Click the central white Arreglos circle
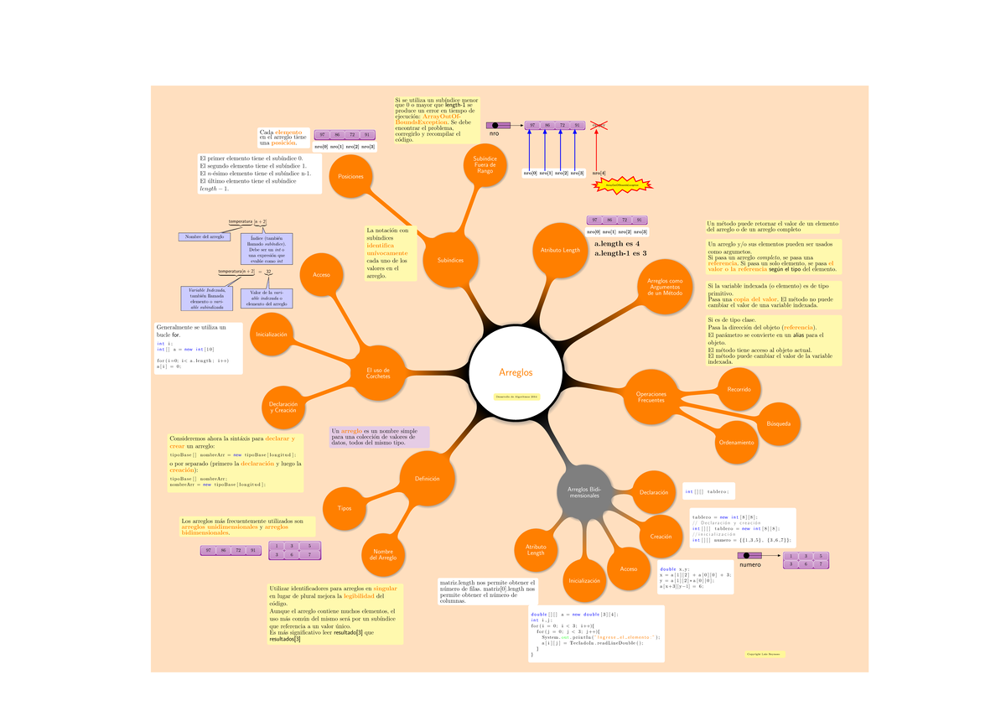tap(516, 372)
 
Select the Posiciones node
tap(351, 177)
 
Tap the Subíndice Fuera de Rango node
tap(485, 165)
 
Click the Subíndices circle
tap(450, 260)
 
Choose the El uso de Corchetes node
tap(378, 373)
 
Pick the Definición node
tap(428, 478)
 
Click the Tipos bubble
tap(345, 508)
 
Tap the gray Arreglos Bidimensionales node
tap(584, 492)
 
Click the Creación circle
tap(661, 536)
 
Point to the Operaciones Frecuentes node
tap(651, 397)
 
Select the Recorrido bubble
tap(739, 389)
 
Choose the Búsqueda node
tap(778, 423)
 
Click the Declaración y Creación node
tap(283, 407)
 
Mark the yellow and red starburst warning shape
tap(621, 185)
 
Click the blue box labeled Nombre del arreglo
tap(205, 237)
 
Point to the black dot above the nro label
tap(495, 126)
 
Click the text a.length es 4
tap(616, 243)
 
